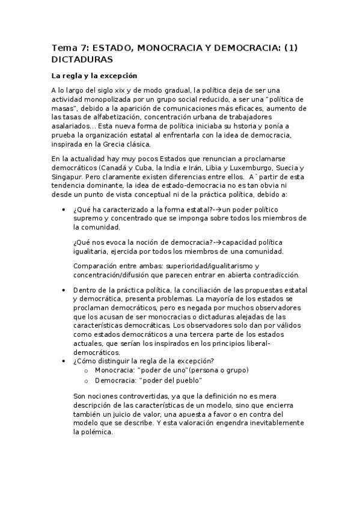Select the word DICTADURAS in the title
click(82, 60)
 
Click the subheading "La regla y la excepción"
click(94, 76)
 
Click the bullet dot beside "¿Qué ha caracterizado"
click(64, 210)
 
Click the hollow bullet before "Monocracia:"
click(87, 370)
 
